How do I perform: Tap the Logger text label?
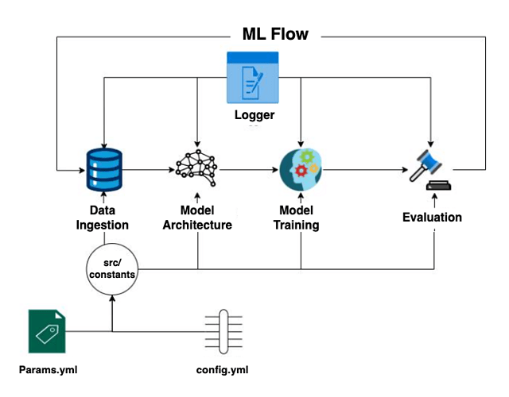tap(253, 115)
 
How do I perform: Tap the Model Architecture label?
tap(197, 218)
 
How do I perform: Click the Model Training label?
tap(299, 218)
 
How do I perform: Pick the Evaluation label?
tap(432, 217)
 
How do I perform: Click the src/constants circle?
tap(112, 268)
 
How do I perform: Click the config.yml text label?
tap(223, 370)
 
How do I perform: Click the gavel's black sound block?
tap(435, 187)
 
